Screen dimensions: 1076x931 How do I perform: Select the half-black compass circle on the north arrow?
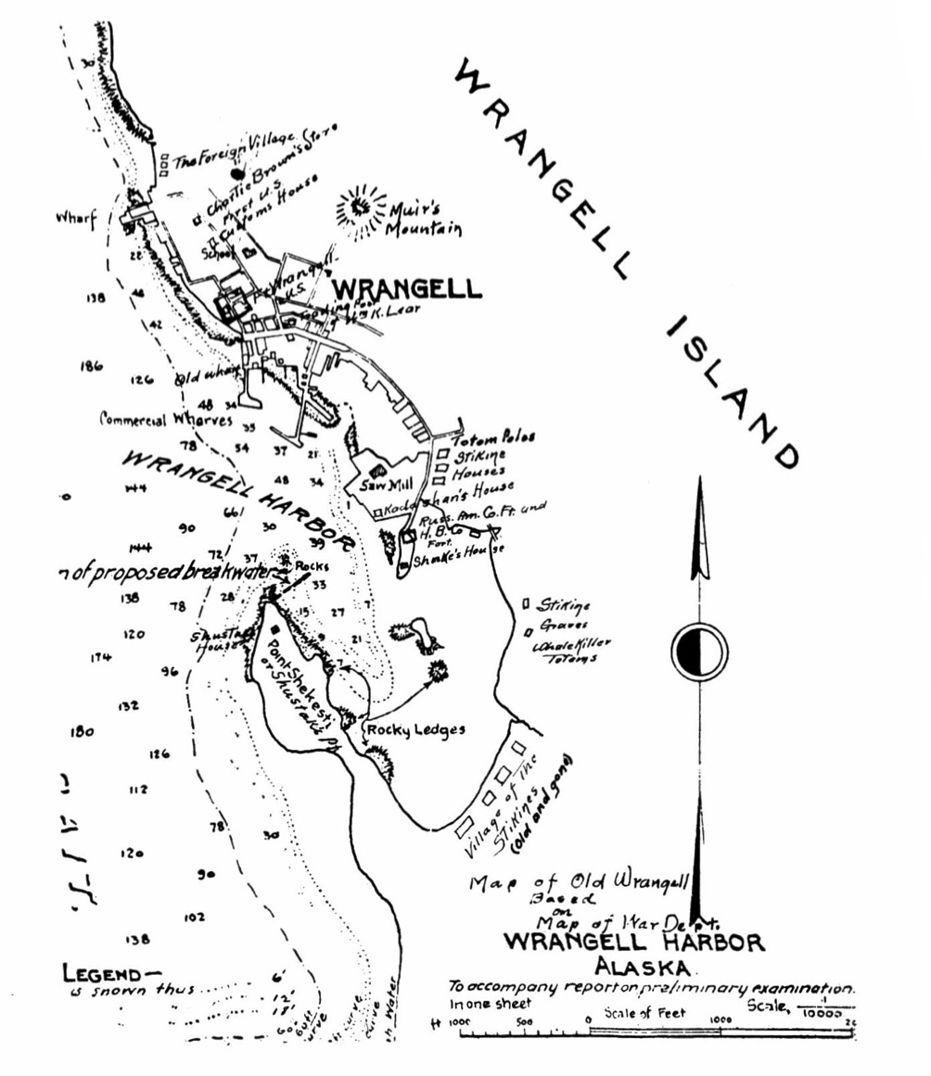coord(699,650)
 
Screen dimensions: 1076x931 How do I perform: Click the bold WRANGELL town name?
coord(407,288)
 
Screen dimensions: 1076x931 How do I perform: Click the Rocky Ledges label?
coord(415,730)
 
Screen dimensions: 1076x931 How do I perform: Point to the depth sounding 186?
coord(91,366)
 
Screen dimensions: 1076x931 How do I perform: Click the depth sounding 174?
coord(101,658)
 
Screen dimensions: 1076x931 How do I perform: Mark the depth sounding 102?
coord(194,918)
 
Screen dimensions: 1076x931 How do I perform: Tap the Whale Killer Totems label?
coord(568,650)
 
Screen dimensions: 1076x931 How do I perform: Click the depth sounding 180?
coord(82,731)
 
